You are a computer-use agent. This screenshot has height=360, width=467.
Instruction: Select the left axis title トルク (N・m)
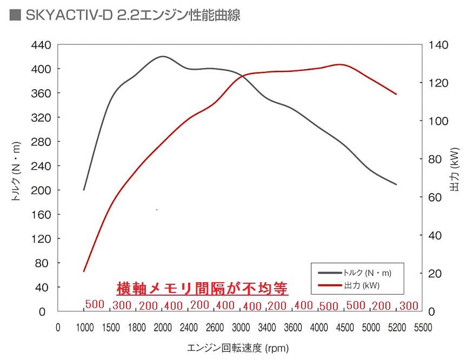coord(16,171)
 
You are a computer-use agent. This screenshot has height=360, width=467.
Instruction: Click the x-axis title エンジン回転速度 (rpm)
coord(237,348)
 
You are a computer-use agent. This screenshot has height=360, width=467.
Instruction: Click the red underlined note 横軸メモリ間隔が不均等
coord(203,288)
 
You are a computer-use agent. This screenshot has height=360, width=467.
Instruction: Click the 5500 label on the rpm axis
coord(423,327)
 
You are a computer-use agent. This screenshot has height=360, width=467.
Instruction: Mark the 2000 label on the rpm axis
coord(162,327)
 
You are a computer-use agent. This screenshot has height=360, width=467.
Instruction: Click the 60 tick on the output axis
coord(431,197)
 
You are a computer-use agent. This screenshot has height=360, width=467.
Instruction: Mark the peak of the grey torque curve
coord(162,56)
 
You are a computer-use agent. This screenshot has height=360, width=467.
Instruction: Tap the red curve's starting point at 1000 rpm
coord(84,271)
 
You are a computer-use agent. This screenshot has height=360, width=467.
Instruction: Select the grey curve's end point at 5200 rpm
coord(396,184)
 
